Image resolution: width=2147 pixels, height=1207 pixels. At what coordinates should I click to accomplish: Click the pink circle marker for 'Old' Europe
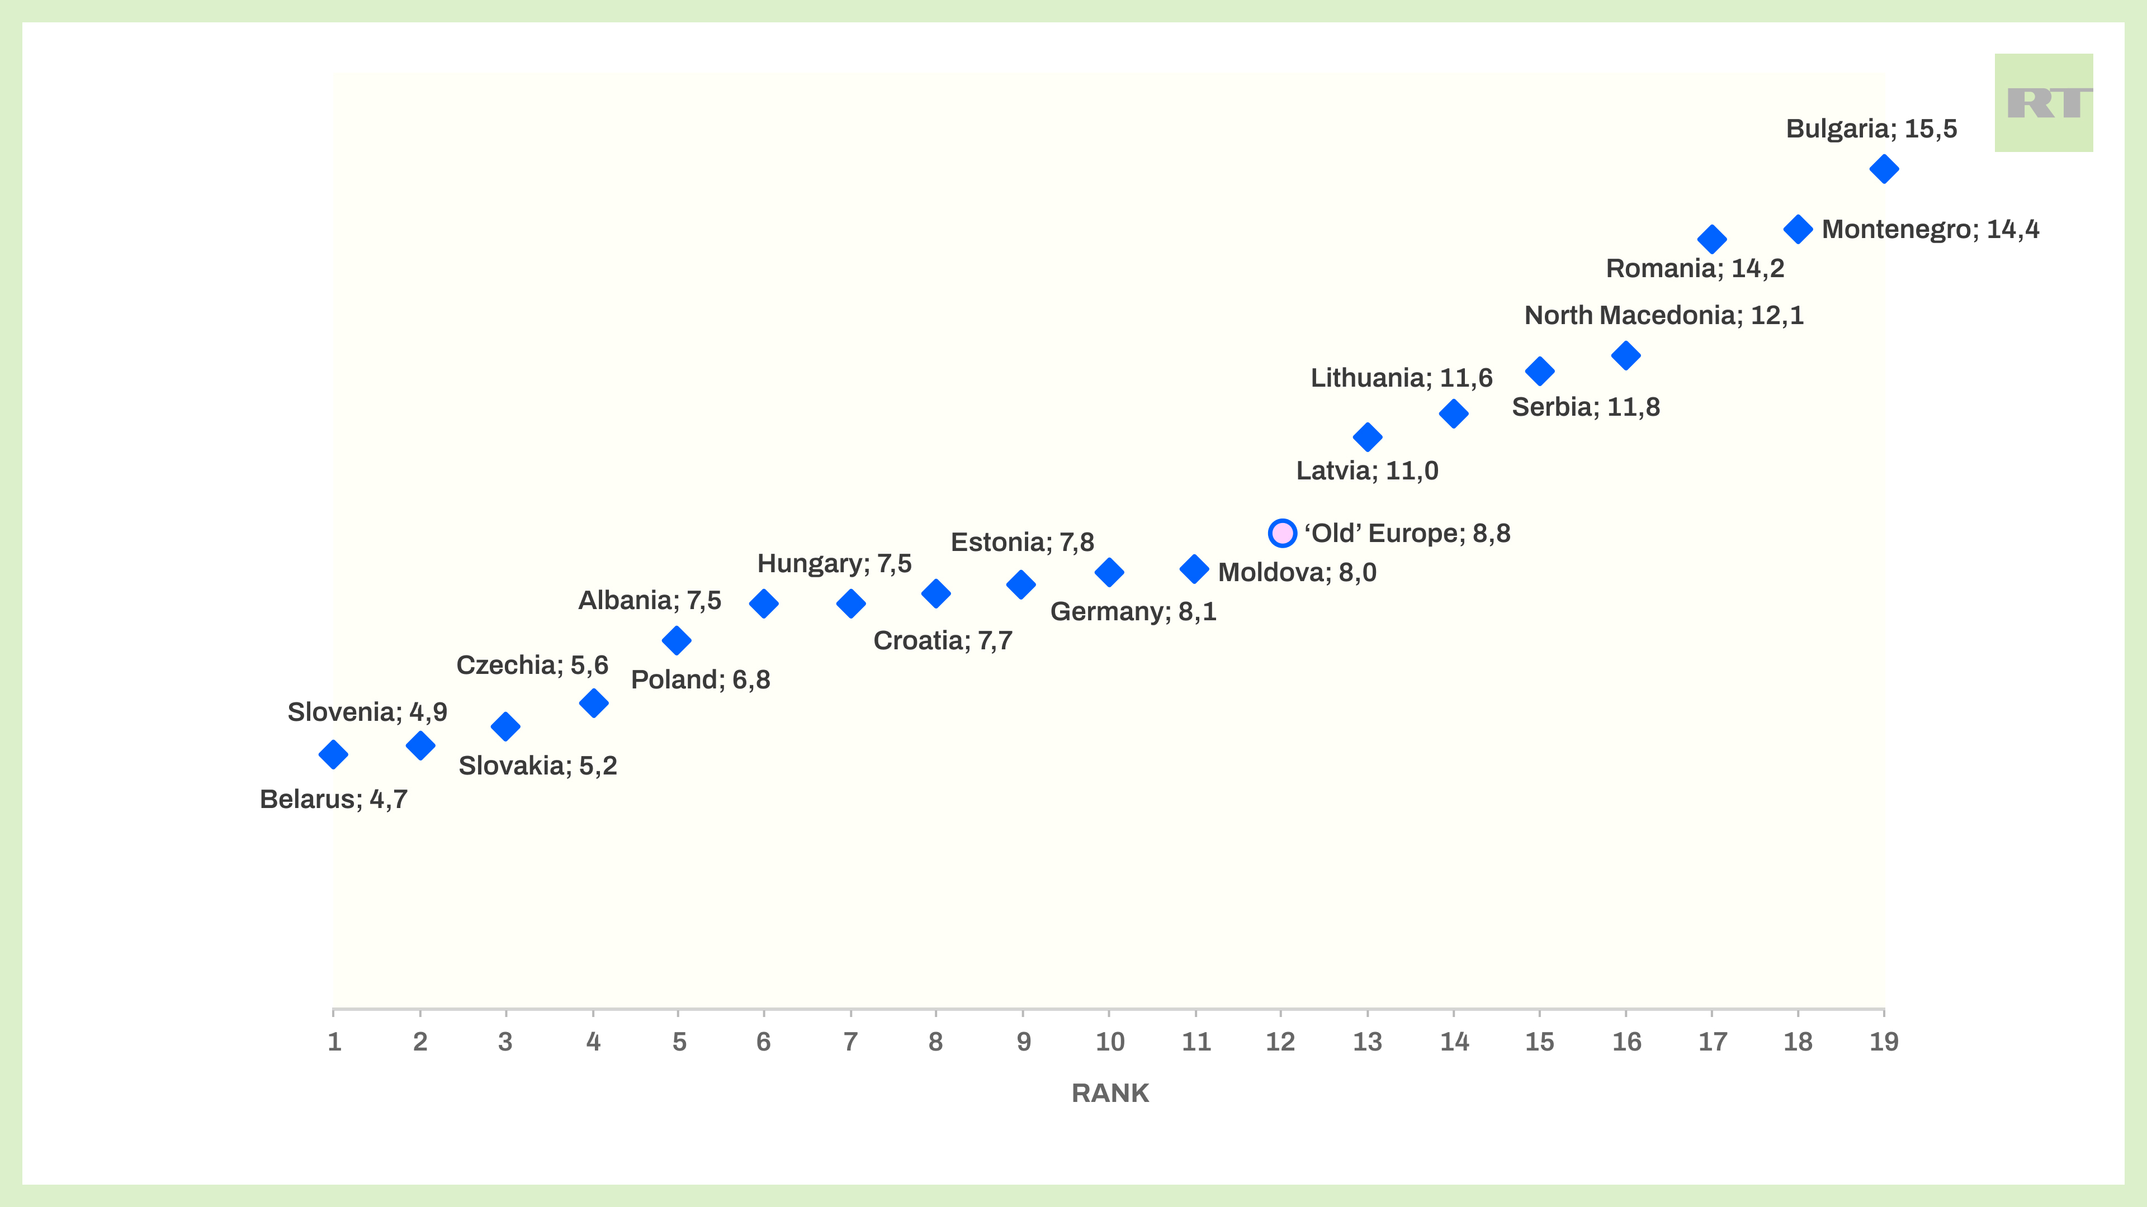pyautogui.click(x=1282, y=533)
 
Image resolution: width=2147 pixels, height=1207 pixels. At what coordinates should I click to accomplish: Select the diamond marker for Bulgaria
pyautogui.click(x=1884, y=169)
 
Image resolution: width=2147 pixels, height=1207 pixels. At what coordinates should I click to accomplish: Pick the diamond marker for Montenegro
pyautogui.click(x=1798, y=229)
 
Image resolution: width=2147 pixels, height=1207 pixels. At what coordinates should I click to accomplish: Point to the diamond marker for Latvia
pyautogui.click(x=1367, y=436)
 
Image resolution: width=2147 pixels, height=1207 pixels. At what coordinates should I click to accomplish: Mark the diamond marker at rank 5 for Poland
pyautogui.click(x=677, y=640)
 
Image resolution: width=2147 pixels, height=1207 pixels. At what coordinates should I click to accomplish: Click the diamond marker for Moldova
pyautogui.click(x=1194, y=569)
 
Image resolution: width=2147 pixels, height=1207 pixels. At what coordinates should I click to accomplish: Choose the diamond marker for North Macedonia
pyautogui.click(x=1625, y=356)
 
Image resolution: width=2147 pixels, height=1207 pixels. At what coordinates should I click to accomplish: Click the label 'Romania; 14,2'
pyautogui.click(x=1695, y=268)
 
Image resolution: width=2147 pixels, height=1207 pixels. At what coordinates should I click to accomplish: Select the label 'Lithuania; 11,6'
pyautogui.click(x=1401, y=377)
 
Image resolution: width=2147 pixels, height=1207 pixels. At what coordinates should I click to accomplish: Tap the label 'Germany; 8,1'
pyautogui.click(x=1133, y=611)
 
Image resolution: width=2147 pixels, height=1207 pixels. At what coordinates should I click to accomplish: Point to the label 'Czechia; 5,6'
pyautogui.click(x=532, y=665)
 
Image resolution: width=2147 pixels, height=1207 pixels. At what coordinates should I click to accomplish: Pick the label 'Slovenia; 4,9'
pyautogui.click(x=367, y=711)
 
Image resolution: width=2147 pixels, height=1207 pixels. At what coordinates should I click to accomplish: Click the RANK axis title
pyautogui.click(x=1109, y=1093)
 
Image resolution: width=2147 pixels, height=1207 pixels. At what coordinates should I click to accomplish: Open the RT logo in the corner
pyautogui.click(x=2043, y=103)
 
